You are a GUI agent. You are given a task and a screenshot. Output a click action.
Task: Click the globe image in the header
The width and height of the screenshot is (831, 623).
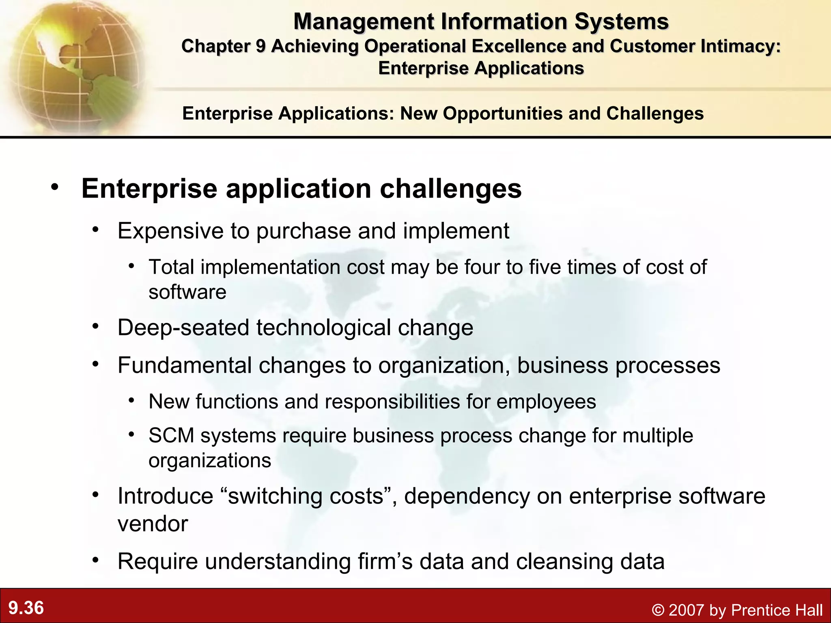point(73,67)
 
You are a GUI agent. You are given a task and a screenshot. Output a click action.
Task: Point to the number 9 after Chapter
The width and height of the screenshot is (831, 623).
point(260,46)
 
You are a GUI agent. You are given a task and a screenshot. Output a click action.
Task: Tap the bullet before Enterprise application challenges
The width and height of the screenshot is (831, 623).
point(55,187)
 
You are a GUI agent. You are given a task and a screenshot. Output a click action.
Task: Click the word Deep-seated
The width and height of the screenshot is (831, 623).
point(183,327)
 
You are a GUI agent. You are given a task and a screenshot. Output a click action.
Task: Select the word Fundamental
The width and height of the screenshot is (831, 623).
point(185,365)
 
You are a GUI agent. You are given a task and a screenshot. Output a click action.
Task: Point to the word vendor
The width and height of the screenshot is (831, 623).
point(153,524)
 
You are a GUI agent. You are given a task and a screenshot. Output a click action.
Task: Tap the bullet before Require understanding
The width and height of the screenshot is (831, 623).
point(95,561)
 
